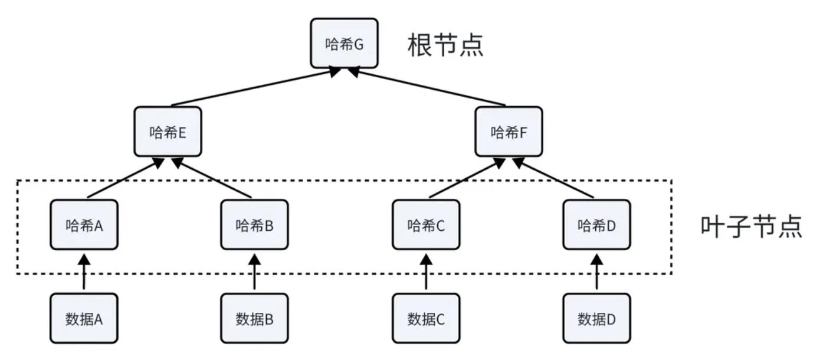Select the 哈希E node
(x=168, y=132)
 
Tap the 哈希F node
(x=509, y=132)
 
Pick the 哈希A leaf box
(x=84, y=225)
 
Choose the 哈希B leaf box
(x=254, y=225)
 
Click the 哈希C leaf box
(x=425, y=225)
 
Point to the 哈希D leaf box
(x=596, y=225)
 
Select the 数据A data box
(x=84, y=319)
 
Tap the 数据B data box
(x=254, y=319)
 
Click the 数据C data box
(x=425, y=319)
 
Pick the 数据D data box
(x=596, y=319)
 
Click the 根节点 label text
(x=445, y=45)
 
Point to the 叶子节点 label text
(x=751, y=226)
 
